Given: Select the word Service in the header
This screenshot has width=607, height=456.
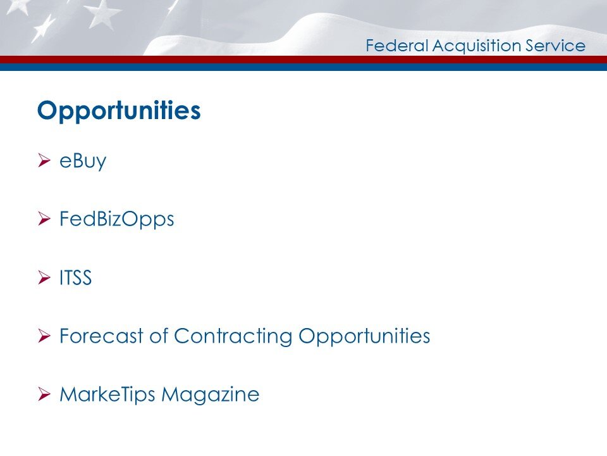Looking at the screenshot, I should (x=557, y=46).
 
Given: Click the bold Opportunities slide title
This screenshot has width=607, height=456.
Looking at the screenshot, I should (x=119, y=111).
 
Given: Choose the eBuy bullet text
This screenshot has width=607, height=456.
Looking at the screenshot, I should (x=83, y=161).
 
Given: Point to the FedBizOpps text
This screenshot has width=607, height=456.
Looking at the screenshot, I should (x=116, y=220).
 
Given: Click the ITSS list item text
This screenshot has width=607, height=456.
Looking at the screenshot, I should (x=76, y=278).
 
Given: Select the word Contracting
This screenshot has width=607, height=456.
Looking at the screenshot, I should (x=233, y=336).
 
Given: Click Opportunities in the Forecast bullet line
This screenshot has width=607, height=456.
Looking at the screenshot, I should (x=364, y=336).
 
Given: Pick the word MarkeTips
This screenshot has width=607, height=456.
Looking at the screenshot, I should (x=107, y=395).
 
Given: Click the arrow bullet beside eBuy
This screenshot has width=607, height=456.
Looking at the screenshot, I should (x=44, y=161).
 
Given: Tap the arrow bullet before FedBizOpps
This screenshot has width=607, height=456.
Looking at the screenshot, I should (x=44, y=220).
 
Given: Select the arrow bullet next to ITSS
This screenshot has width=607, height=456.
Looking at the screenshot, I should (x=44, y=278).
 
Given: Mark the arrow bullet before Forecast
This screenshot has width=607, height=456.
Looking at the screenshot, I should (x=44, y=336).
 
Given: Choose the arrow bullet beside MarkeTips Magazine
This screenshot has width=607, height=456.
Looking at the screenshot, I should (x=44, y=395).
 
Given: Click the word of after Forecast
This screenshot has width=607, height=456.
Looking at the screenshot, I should (x=159, y=336).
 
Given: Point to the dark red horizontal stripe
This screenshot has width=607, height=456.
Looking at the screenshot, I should (x=303, y=59).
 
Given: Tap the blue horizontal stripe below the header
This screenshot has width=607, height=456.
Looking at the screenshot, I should (x=303, y=66).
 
